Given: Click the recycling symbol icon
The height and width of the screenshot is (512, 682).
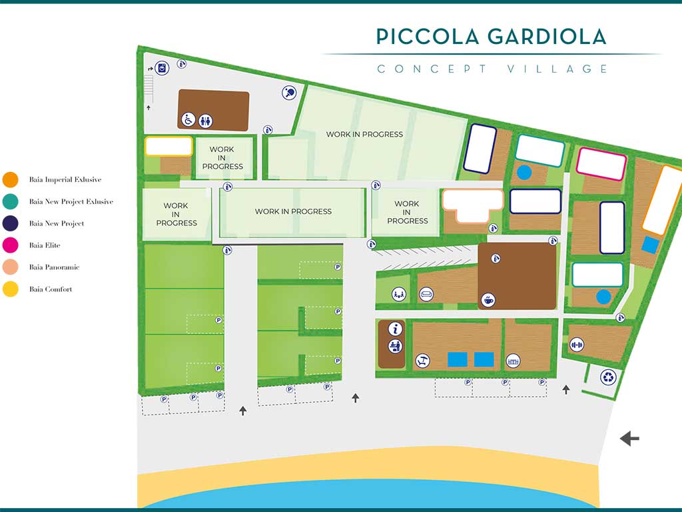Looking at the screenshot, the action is pyautogui.click(x=608, y=377).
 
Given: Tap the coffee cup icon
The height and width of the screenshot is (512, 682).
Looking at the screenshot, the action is pyautogui.click(x=488, y=300).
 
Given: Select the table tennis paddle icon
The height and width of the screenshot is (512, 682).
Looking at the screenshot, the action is pyautogui.click(x=289, y=92).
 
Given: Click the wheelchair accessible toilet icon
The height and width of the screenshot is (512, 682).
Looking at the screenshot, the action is pyautogui.click(x=188, y=119).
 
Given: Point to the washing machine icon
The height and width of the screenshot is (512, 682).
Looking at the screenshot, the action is pyautogui.click(x=162, y=68).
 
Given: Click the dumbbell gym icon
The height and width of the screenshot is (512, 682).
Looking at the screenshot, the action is pyautogui.click(x=577, y=345).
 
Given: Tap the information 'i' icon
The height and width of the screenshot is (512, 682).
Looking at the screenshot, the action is pyautogui.click(x=395, y=328).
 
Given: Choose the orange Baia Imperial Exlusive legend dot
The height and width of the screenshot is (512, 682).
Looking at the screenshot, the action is pyautogui.click(x=11, y=179).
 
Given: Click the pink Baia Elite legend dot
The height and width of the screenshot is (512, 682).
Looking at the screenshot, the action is pyautogui.click(x=11, y=245).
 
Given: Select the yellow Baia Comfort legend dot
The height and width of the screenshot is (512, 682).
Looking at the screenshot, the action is pyautogui.click(x=11, y=289).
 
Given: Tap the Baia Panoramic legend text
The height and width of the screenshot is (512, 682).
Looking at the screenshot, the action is pyautogui.click(x=55, y=267).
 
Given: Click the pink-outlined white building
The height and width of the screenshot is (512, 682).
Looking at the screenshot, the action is pyautogui.click(x=601, y=164).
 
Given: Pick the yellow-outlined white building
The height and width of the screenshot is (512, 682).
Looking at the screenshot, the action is pyautogui.click(x=169, y=146).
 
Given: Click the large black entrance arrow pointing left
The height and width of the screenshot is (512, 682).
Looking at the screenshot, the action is pyautogui.click(x=629, y=439).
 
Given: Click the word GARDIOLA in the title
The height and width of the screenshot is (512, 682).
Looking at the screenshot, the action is pyautogui.click(x=547, y=37).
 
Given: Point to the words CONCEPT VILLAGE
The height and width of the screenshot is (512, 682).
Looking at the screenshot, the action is pyautogui.click(x=492, y=69).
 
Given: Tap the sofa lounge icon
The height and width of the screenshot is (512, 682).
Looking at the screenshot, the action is pyautogui.click(x=426, y=294).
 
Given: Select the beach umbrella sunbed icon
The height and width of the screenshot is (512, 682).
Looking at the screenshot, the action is pyautogui.click(x=423, y=361).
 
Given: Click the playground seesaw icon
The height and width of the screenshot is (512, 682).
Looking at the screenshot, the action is pyautogui.click(x=399, y=294).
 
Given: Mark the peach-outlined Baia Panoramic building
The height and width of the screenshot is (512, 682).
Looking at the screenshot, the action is pyautogui.click(x=473, y=205).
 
